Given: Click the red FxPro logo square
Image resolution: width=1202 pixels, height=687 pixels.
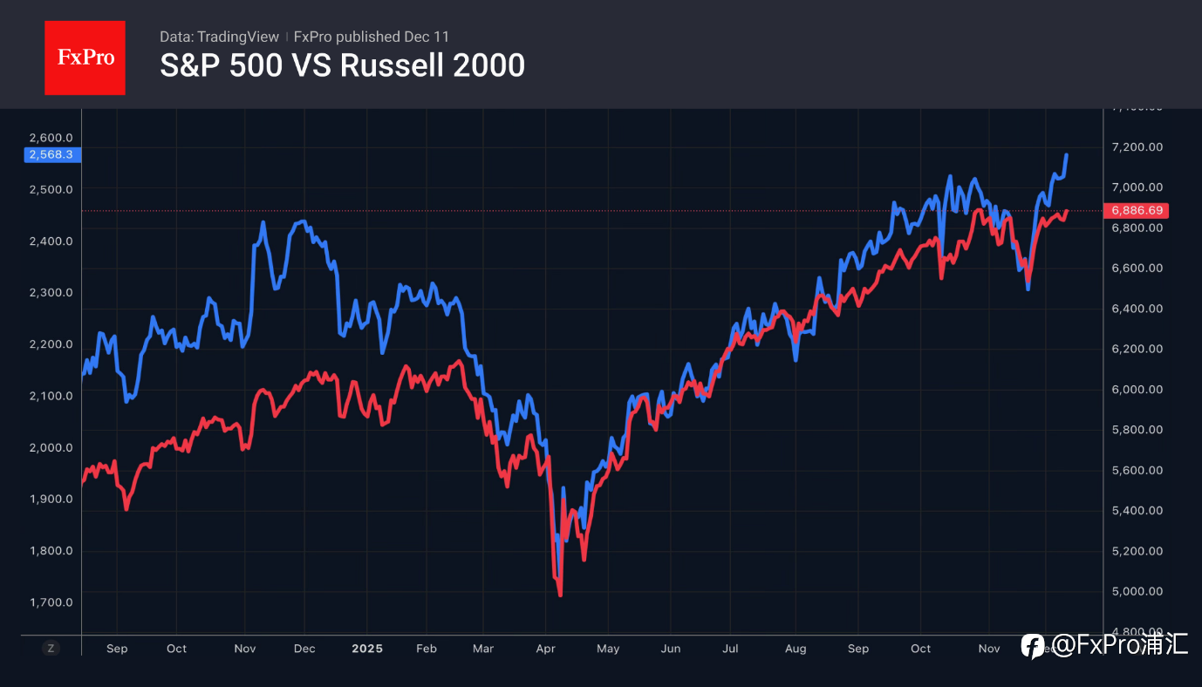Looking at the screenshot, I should (x=85, y=58).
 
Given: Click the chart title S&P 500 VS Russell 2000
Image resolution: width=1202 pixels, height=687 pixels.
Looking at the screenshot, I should (x=342, y=65).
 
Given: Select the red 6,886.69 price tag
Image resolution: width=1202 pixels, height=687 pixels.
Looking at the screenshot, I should (x=1135, y=211).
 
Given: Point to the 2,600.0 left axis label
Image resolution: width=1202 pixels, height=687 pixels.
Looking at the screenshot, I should (x=51, y=138).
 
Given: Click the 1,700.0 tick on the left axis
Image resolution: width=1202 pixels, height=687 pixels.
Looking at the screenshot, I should (x=51, y=602).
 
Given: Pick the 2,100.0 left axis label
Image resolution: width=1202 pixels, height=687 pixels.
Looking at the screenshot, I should (x=51, y=396).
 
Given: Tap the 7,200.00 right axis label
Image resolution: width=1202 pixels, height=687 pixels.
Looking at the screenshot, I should (x=1137, y=147).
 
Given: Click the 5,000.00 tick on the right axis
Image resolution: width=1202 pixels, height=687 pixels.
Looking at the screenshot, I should (x=1137, y=591).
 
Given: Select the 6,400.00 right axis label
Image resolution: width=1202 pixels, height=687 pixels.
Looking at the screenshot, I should (x=1137, y=309).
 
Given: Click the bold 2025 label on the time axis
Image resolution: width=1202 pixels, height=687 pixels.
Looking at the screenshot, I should (x=366, y=649).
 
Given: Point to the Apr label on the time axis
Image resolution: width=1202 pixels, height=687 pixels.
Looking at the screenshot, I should (x=545, y=649).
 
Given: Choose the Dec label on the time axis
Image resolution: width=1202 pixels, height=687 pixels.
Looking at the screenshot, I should (x=304, y=649).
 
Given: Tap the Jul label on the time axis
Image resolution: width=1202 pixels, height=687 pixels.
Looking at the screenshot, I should (x=730, y=649).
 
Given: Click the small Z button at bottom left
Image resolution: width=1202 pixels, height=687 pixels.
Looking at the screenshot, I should (x=51, y=648).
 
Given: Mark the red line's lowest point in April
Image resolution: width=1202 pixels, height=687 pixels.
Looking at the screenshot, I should (x=560, y=595).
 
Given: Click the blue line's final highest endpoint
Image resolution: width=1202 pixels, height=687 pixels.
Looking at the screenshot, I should (x=1067, y=155).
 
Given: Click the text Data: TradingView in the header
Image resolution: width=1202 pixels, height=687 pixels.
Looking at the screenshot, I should (x=219, y=37).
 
